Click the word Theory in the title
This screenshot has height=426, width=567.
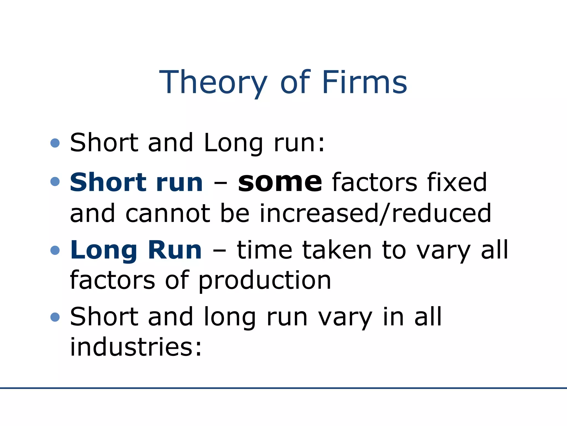(213, 83)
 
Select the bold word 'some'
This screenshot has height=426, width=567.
(280, 182)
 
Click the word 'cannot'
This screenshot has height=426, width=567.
(168, 214)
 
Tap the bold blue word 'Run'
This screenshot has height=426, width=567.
(175, 250)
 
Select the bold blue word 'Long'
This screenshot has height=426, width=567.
(104, 250)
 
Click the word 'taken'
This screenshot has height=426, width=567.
(337, 250)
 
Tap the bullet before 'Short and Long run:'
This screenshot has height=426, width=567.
(55, 143)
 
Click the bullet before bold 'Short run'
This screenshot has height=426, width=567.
(55, 182)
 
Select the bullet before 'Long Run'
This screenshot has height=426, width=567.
(55, 250)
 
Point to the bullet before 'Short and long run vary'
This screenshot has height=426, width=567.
(55, 317)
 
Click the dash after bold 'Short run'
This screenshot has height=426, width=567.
(220, 183)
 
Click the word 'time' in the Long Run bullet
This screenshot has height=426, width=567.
(264, 250)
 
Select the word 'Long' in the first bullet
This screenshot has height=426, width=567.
(233, 143)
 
